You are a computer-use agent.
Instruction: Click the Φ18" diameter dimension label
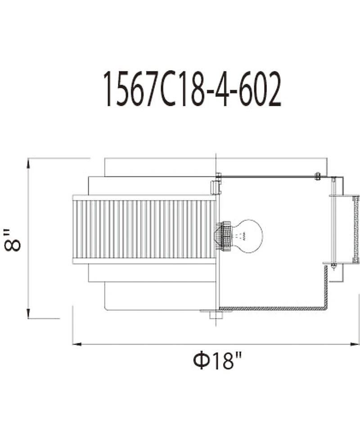click(217, 360)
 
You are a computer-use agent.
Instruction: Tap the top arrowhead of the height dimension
click(28, 163)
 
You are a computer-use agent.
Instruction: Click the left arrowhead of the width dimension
click(77, 344)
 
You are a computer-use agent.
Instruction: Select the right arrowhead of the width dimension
click(355, 344)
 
